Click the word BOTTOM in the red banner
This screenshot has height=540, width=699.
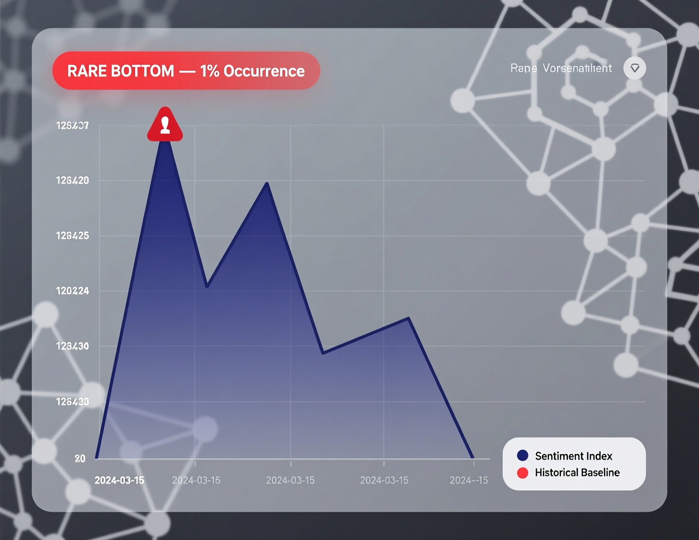click(142, 71)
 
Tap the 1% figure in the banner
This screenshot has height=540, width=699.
click(209, 71)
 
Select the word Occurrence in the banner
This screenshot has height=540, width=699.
click(264, 71)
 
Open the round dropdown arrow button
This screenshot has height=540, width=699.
click(634, 68)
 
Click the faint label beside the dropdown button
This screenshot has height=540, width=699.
click(561, 68)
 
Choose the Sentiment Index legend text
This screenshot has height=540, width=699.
click(574, 456)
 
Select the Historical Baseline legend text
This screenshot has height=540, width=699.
click(577, 472)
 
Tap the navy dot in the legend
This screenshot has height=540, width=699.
click(522, 455)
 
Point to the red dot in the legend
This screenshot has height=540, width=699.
click(522, 472)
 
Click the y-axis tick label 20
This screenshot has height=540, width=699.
click(80, 459)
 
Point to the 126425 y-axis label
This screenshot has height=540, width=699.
click(73, 236)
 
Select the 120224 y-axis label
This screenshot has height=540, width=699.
click(73, 291)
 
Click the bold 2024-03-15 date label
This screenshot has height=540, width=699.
click(119, 481)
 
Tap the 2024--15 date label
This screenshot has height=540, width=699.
click(469, 481)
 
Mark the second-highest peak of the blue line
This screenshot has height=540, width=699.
click(267, 183)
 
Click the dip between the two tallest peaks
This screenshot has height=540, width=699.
click(207, 286)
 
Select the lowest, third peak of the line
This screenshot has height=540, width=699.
click(408, 318)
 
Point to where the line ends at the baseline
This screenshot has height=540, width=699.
click(472, 457)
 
